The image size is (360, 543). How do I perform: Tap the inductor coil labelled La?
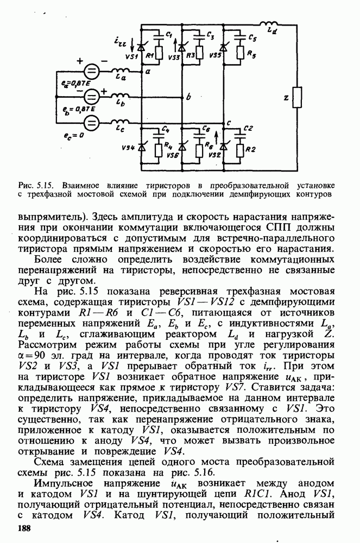123,71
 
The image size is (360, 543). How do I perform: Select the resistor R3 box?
200,53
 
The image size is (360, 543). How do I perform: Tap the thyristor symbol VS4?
143,147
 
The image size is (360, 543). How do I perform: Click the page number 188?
25,528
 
